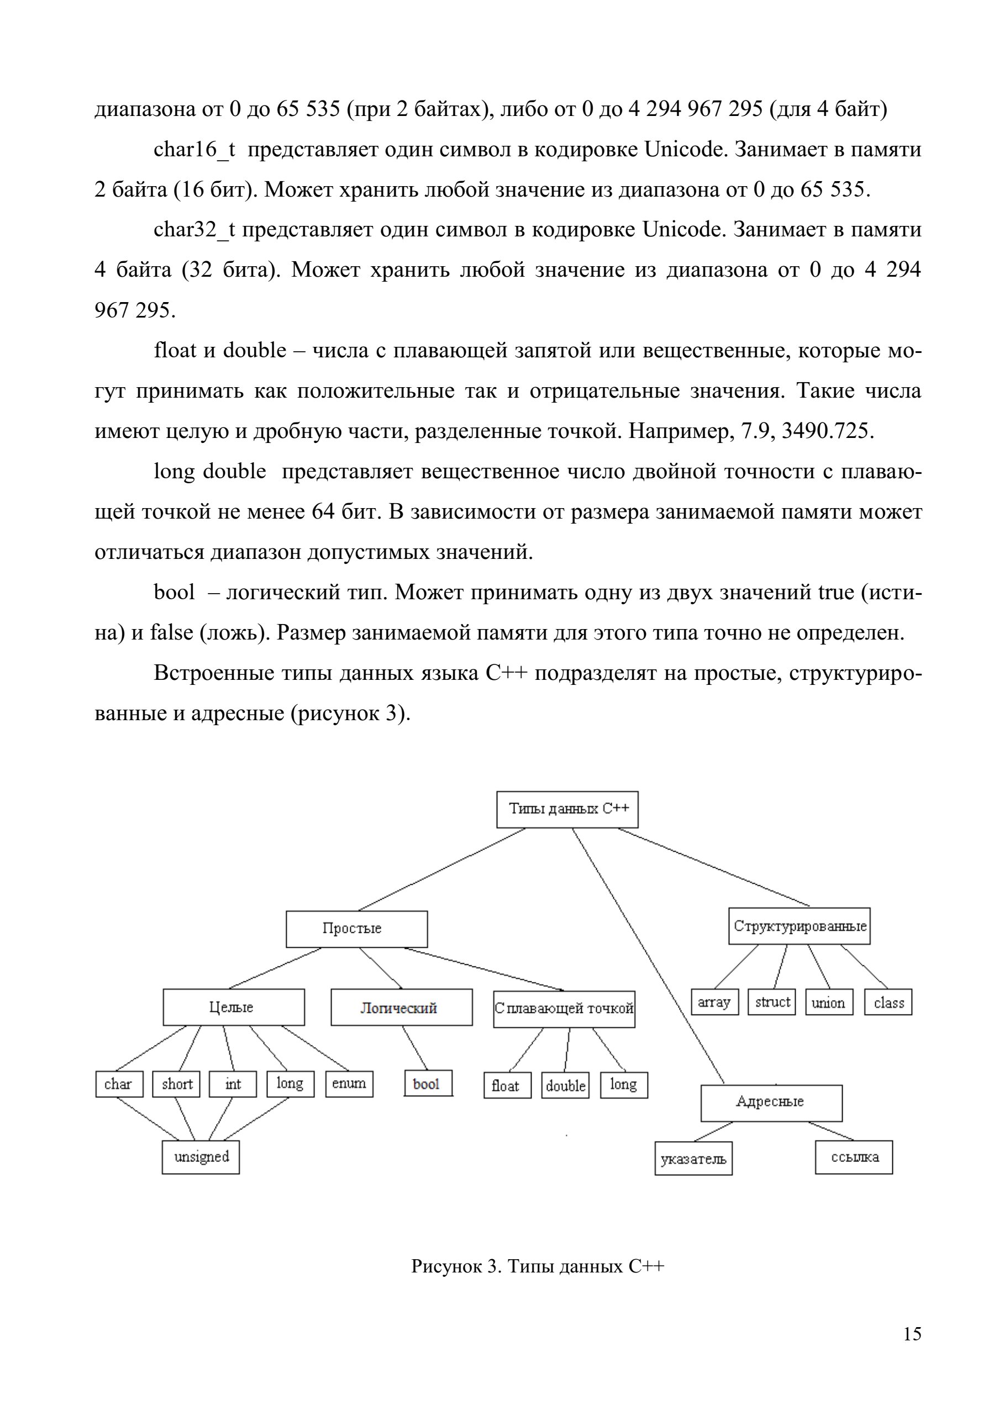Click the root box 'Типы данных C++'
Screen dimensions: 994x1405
coord(567,810)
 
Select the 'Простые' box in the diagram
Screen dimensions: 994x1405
coord(357,929)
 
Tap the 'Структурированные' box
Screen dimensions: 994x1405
coord(800,926)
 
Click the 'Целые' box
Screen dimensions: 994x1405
coord(234,1007)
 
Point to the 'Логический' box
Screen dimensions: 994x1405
coord(402,1007)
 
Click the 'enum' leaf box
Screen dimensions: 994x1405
coord(349,1084)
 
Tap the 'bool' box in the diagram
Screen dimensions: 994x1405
coord(428,1083)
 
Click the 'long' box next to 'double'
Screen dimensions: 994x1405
coord(624,1085)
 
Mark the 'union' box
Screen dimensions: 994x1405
coord(829,1002)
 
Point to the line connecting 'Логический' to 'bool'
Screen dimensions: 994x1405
coord(414,1048)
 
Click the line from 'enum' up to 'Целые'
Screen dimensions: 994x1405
coord(314,1048)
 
